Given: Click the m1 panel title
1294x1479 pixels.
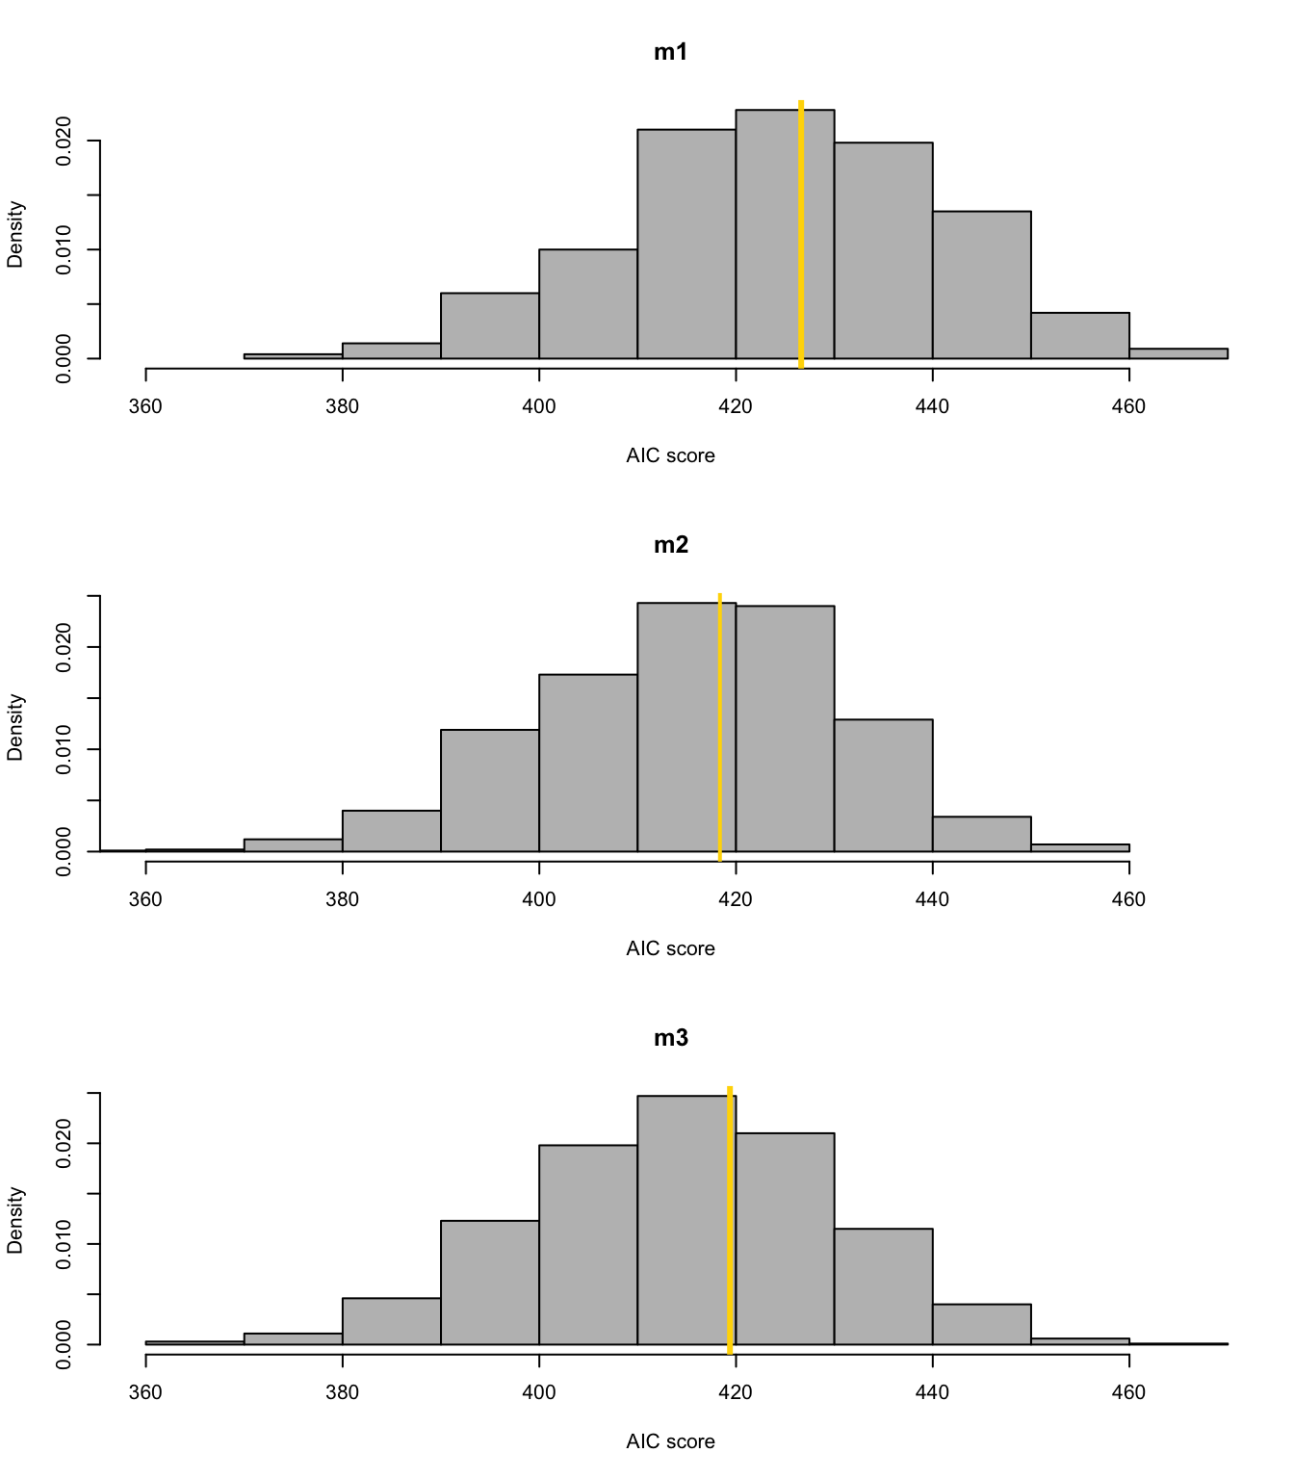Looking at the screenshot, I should (671, 53).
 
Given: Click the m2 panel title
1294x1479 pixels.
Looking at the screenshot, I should (671, 546).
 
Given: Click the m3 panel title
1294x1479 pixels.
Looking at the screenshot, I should (671, 1039).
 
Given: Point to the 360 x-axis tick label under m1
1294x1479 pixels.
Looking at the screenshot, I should (145, 406).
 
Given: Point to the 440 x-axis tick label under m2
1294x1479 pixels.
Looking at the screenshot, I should (932, 899).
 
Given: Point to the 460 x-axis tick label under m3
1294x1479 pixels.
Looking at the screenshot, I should (1129, 1392).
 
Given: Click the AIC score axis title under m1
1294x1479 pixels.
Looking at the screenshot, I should (670, 455).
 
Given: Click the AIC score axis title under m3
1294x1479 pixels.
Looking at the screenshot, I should (670, 1441).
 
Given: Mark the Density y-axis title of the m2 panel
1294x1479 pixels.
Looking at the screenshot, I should (15, 727).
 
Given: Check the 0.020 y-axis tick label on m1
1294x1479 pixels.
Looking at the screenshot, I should (64, 142).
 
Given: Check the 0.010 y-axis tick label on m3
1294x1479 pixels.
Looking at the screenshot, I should (64, 1244).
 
